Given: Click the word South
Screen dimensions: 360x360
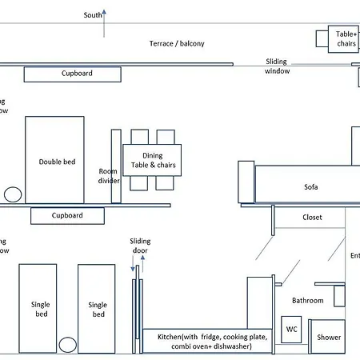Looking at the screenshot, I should (93, 15).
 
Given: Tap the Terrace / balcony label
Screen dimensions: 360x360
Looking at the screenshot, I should (177, 43).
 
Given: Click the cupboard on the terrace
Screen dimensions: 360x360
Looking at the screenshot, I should (72, 74).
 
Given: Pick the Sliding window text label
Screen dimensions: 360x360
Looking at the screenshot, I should (278, 66).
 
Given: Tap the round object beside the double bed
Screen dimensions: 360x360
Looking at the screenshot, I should (12, 194).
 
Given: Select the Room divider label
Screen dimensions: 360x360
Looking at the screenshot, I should (108, 176).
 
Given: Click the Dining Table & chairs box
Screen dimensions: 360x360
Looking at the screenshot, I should (152, 160).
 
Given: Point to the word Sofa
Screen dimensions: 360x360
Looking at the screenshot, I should (311, 187).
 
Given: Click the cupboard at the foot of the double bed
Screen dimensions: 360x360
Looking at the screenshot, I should (67, 216).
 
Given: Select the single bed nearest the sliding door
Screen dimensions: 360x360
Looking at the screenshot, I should (97, 308).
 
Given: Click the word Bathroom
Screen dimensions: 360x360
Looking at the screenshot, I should (307, 301).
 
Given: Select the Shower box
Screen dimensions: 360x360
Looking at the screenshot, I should (328, 336).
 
